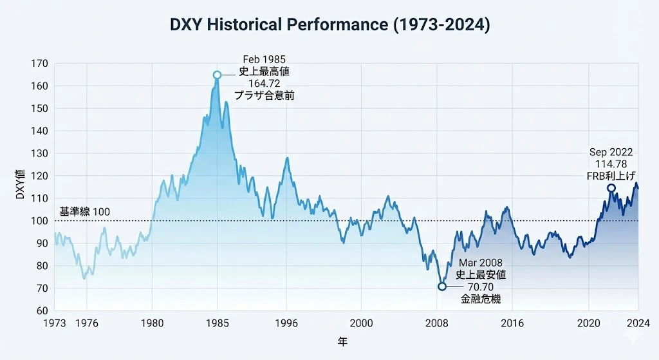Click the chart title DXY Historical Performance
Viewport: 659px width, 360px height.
(329, 25)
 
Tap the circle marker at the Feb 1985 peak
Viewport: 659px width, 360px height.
(218, 75)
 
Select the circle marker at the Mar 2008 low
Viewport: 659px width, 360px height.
(441, 287)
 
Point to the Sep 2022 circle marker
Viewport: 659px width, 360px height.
(611, 188)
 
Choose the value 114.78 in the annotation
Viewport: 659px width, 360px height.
(611, 164)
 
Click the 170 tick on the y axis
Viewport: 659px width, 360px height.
(39, 64)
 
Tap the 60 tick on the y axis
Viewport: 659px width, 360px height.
(42, 310)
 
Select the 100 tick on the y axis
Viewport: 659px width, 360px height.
(39, 221)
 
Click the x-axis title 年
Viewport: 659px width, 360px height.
(342, 341)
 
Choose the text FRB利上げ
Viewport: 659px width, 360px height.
(611, 175)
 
